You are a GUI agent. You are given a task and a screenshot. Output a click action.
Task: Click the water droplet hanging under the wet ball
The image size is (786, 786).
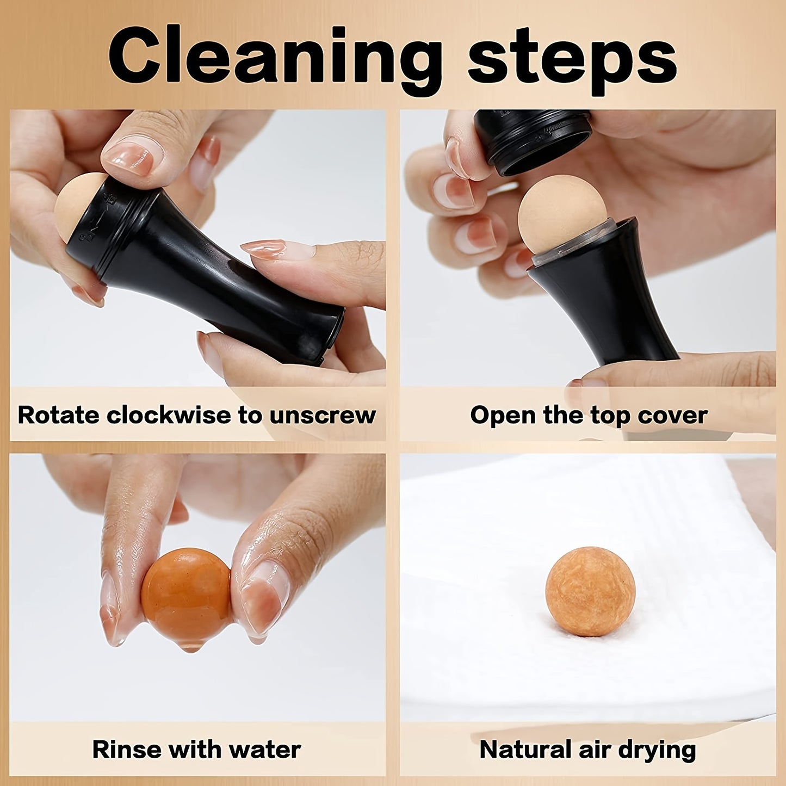pyautogui.click(x=190, y=647)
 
